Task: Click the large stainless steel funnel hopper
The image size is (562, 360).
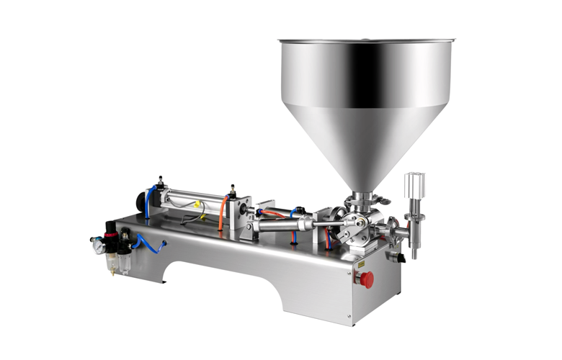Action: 364,101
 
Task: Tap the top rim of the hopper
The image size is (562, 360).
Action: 364,42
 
